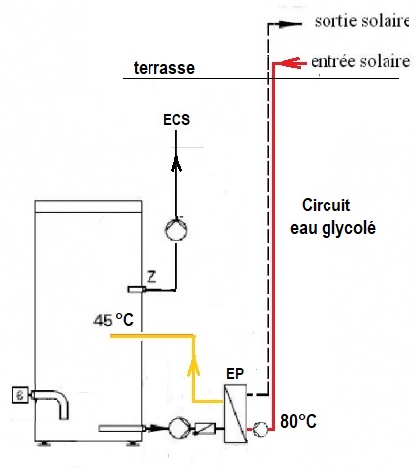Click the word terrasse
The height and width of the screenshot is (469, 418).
[164, 68]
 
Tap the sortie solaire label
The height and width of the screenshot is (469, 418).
[362, 21]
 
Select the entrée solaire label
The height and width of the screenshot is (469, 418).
[360, 61]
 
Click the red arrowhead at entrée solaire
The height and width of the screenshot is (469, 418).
[291, 63]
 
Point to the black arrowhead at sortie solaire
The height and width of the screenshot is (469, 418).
[290, 24]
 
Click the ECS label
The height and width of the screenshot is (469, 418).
[177, 120]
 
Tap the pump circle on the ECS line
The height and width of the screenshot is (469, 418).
[176, 230]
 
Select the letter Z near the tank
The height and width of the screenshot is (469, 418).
[151, 277]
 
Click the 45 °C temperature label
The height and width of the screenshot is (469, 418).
[113, 320]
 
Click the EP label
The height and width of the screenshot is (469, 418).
[235, 374]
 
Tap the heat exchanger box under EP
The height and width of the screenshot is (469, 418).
[235, 414]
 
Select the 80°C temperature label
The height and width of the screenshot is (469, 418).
[298, 421]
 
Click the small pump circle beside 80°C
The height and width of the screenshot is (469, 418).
[260, 429]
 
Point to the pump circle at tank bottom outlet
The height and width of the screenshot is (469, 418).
[180, 428]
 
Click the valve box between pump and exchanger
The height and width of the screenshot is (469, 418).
[206, 428]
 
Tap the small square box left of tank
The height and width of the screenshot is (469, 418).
[20, 395]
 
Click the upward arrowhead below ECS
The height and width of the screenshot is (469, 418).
[176, 164]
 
